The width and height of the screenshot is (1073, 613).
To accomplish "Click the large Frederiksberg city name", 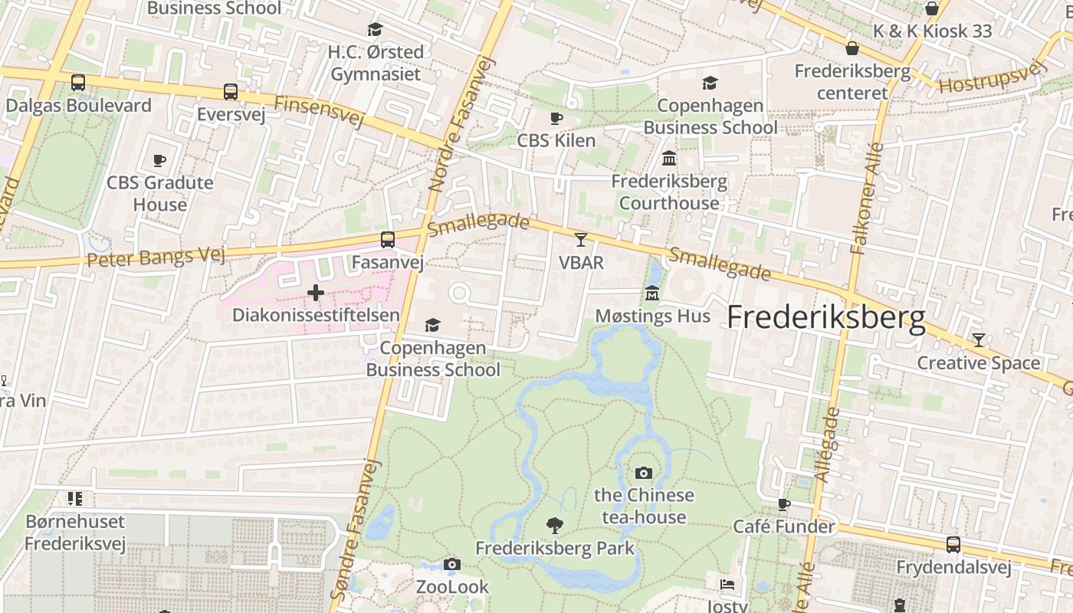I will (825, 317).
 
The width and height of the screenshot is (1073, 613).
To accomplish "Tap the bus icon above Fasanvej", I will (388, 240).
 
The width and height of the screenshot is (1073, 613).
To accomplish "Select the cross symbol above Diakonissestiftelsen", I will (315, 293).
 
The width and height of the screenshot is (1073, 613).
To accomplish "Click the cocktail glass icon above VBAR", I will (581, 240).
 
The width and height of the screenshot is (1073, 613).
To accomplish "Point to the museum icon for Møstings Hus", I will (652, 293).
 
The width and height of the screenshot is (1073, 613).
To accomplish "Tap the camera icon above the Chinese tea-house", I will (644, 473).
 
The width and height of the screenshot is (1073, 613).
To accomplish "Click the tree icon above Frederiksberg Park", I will (554, 526).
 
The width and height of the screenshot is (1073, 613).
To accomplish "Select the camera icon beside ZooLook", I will (452, 565).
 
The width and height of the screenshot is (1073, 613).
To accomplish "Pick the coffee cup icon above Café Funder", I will (783, 504).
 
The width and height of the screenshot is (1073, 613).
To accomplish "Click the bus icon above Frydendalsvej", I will (953, 545).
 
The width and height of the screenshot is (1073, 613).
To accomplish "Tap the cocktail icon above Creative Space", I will (978, 340).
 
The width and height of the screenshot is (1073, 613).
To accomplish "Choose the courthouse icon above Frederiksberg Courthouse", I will (669, 159).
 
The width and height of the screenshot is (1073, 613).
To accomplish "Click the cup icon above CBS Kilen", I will (556, 118).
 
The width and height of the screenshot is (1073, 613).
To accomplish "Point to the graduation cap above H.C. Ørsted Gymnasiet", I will (375, 30).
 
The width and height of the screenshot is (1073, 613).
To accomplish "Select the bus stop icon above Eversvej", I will (231, 92).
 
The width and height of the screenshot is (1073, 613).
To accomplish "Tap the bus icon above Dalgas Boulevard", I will (77, 83).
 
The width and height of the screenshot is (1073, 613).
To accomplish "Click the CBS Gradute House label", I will (159, 193).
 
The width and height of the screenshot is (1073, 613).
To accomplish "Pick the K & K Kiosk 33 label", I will (933, 31).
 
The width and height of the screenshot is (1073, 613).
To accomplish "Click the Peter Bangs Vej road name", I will (156, 255).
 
